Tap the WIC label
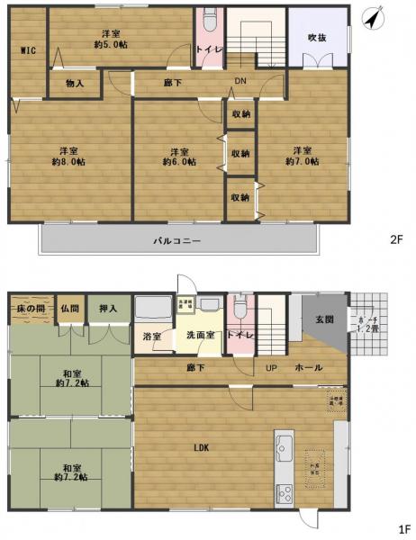[x=27, y=51]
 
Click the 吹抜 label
[x=317, y=38]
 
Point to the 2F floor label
[x=396, y=239]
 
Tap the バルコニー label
[x=176, y=240]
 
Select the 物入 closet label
[x=76, y=84]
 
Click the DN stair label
[x=240, y=82]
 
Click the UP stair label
[x=271, y=367]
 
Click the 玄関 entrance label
[x=324, y=319]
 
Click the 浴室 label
[x=151, y=337]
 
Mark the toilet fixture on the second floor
[x=209, y=20]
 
